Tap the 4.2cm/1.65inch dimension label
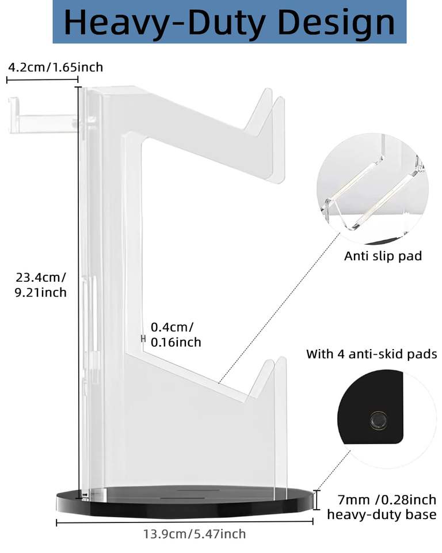click(x=55, y=67)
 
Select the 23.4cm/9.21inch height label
click(x=41, y=285)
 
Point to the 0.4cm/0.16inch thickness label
click(x=176, y=335)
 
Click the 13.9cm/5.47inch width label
click(x=195, y=534)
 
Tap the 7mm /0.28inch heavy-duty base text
click(x=382, y=507)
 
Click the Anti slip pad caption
click(x=383, y=256)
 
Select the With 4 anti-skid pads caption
click(x=371, y=354)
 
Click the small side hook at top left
click(x=40, y=116)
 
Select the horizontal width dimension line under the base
click(x=184, y=522)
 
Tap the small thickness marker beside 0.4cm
click(x=143, y=339)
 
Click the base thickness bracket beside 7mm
click(x=316, y=499)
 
